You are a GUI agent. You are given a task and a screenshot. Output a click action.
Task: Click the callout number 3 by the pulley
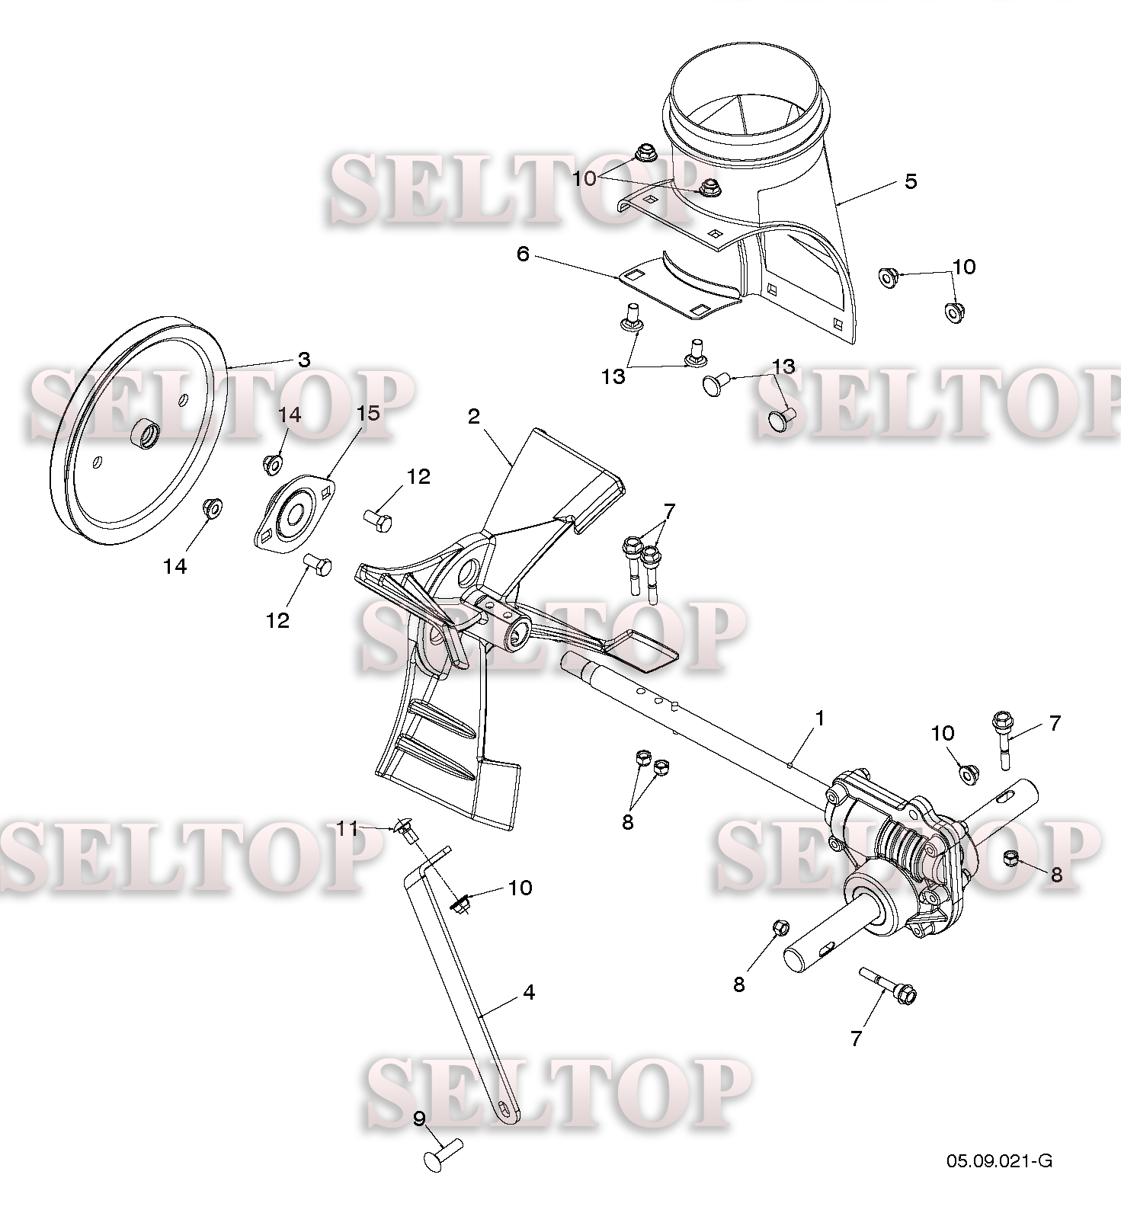(304, 360)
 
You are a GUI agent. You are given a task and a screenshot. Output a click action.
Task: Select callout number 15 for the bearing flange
(368, 413)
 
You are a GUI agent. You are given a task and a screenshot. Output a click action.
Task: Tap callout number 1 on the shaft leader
(820, 718)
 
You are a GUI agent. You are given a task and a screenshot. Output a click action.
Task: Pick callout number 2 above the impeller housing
(474, 416)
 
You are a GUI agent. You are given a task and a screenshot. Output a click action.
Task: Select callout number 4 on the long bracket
(528, 992)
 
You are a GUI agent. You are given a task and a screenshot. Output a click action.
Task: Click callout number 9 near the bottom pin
(419, 1119)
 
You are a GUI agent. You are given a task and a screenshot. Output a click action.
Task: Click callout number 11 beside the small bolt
(348, 828)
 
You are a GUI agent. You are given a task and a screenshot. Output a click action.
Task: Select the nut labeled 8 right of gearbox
(1013, 857)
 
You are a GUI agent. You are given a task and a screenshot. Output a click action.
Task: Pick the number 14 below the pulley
(175, 566)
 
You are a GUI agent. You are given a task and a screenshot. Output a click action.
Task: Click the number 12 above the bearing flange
(418, 477)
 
